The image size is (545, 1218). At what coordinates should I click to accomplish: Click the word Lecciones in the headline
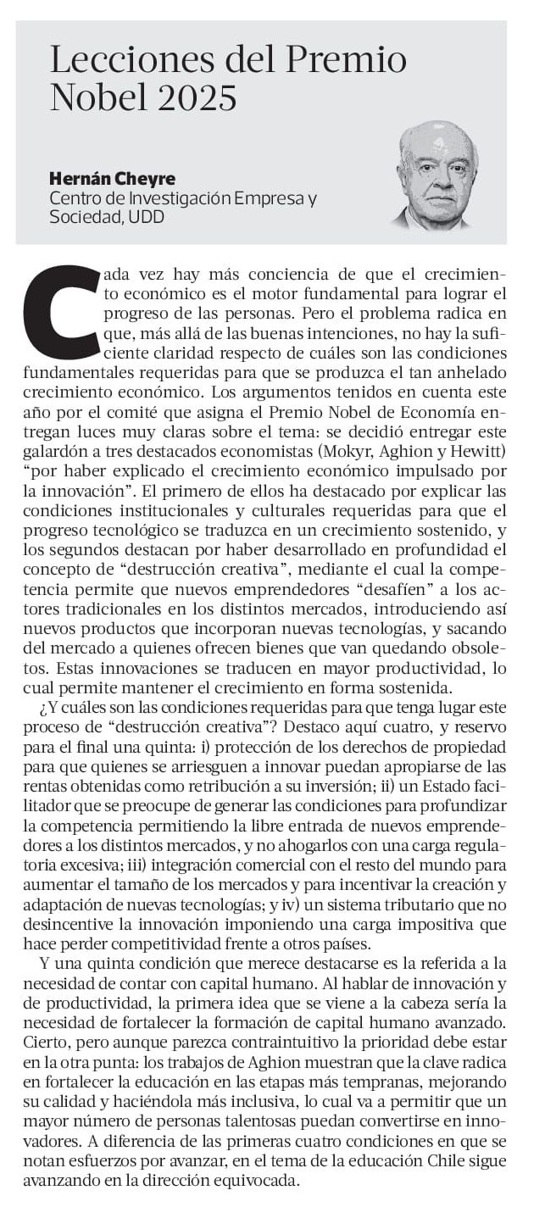tap(115, 60)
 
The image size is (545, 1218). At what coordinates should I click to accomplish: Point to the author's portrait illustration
tap(437, 176)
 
